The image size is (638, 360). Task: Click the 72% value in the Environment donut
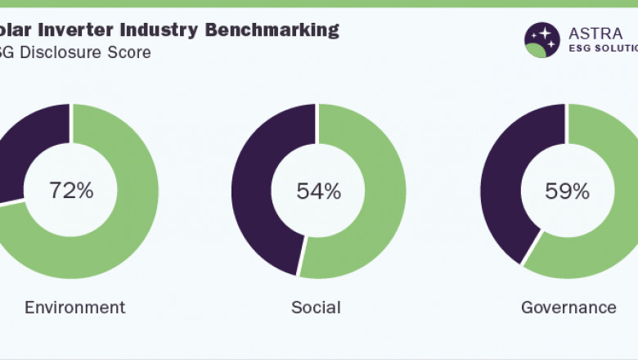click(x=71, y=191)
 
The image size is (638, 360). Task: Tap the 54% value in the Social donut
click(x=318, y=191)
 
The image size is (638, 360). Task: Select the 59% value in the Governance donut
click(x=567, y=191)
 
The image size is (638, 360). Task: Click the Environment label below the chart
click(x=74, y=308)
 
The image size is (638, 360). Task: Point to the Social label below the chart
click(x=316, y=308)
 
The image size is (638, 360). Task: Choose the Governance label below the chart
click(x=568, y=308)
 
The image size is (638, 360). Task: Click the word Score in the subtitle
click(x=128, y=52)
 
